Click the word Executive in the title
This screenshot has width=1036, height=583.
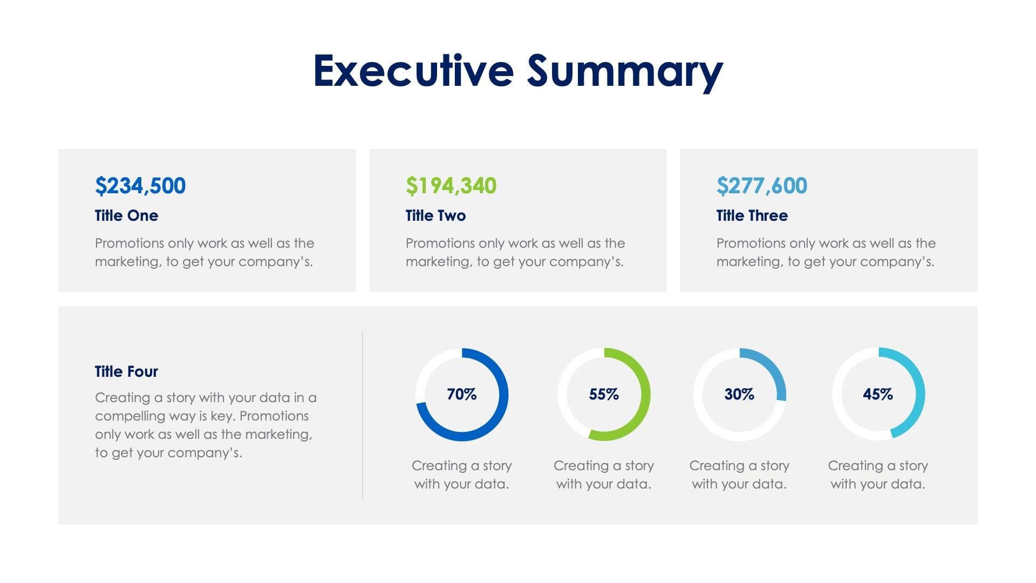pyautogui.click(x=413, y=71)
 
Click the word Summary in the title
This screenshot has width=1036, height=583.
pyautogui.click(x=624, y=72)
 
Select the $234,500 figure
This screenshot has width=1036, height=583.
pyautogui.click(x=140, y=186)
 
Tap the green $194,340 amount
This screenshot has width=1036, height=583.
pyautogui.click(x=451, y=186)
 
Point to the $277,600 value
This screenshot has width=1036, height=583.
pyautogui.click(x=762, y=186)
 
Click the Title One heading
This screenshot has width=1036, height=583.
pyautogui.click(x=126, y=215)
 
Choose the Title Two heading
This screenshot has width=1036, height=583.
pyautogui.click(x=435, y=215)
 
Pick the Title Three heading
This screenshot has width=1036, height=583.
pyautogui.click(x=752, y=215)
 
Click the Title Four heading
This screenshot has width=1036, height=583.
pyautogui.click(x=126, y=371)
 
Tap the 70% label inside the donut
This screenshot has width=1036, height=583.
pyautogui.click(x=462, y=394)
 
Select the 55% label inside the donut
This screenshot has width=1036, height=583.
pyautogui.click(x=604, y=394)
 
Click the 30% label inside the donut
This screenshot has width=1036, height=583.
pyautogui.click(x=739, y=394)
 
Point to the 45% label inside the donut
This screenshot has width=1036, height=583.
pyautogui.click(x=878, y=394)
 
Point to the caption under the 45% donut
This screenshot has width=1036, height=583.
pyautogui.click(x=878, y=474)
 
